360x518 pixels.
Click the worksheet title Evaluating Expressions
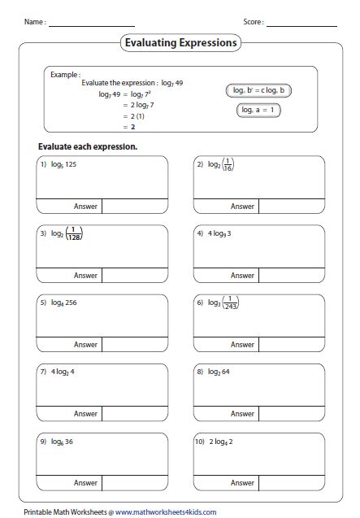[180, 42]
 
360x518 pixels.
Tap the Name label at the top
[33, 22]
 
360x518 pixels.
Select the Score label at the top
[253, 22]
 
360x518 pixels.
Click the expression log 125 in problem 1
[68, 163]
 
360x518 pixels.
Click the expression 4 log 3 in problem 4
[218, 233]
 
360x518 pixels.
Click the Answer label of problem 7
[85, 413]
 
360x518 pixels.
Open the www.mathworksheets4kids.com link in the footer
[165, 511]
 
